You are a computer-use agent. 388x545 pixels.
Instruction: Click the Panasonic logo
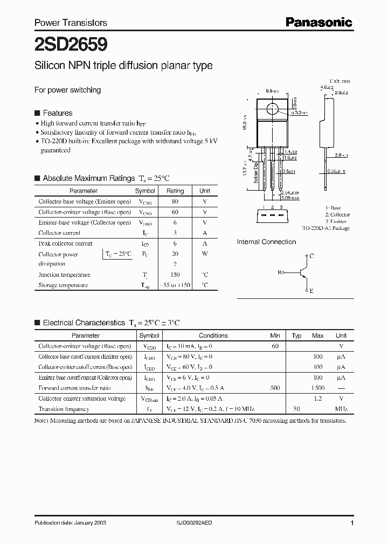(318, 22)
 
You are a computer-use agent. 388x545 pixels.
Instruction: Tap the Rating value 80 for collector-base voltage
(175, 201)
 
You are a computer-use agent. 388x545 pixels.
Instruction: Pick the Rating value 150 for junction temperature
(175, 275)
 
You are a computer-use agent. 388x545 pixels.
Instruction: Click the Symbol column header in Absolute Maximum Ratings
(145, 191)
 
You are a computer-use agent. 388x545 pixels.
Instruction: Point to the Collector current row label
(59, 233)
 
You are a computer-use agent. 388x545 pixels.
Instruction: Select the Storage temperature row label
(63, 285)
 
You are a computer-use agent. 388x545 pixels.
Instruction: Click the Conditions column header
(213, 335)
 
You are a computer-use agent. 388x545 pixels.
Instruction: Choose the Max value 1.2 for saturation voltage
(317, 399)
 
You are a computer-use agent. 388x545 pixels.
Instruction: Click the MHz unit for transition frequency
(341, 409)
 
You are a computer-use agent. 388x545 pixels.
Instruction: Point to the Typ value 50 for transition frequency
(296, 409)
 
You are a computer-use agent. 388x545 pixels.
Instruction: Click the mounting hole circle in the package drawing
(273, 110)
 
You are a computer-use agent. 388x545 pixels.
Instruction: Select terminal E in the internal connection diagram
(311, 290)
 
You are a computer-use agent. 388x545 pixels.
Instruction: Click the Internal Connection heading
(266, 242)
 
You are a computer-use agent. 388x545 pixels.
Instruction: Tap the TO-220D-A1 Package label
(325, 228)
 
